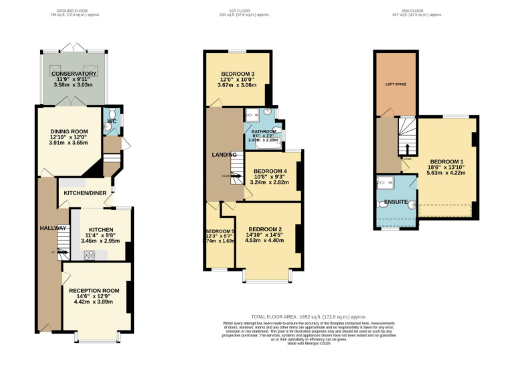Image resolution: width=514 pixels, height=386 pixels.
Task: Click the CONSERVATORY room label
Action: [75, 74]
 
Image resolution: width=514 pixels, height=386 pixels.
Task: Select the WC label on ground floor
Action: [111, 121]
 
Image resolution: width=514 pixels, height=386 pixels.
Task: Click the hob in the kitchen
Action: [88, 255]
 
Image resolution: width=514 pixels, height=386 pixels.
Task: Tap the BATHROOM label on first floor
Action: [263, 131]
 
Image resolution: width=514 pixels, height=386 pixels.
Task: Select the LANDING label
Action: [224, 155]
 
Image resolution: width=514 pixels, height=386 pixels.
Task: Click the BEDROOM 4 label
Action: [271, 170]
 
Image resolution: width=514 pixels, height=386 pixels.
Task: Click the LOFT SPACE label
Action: [396, 84]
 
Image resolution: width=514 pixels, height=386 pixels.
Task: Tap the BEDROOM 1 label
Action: [446, 162]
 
